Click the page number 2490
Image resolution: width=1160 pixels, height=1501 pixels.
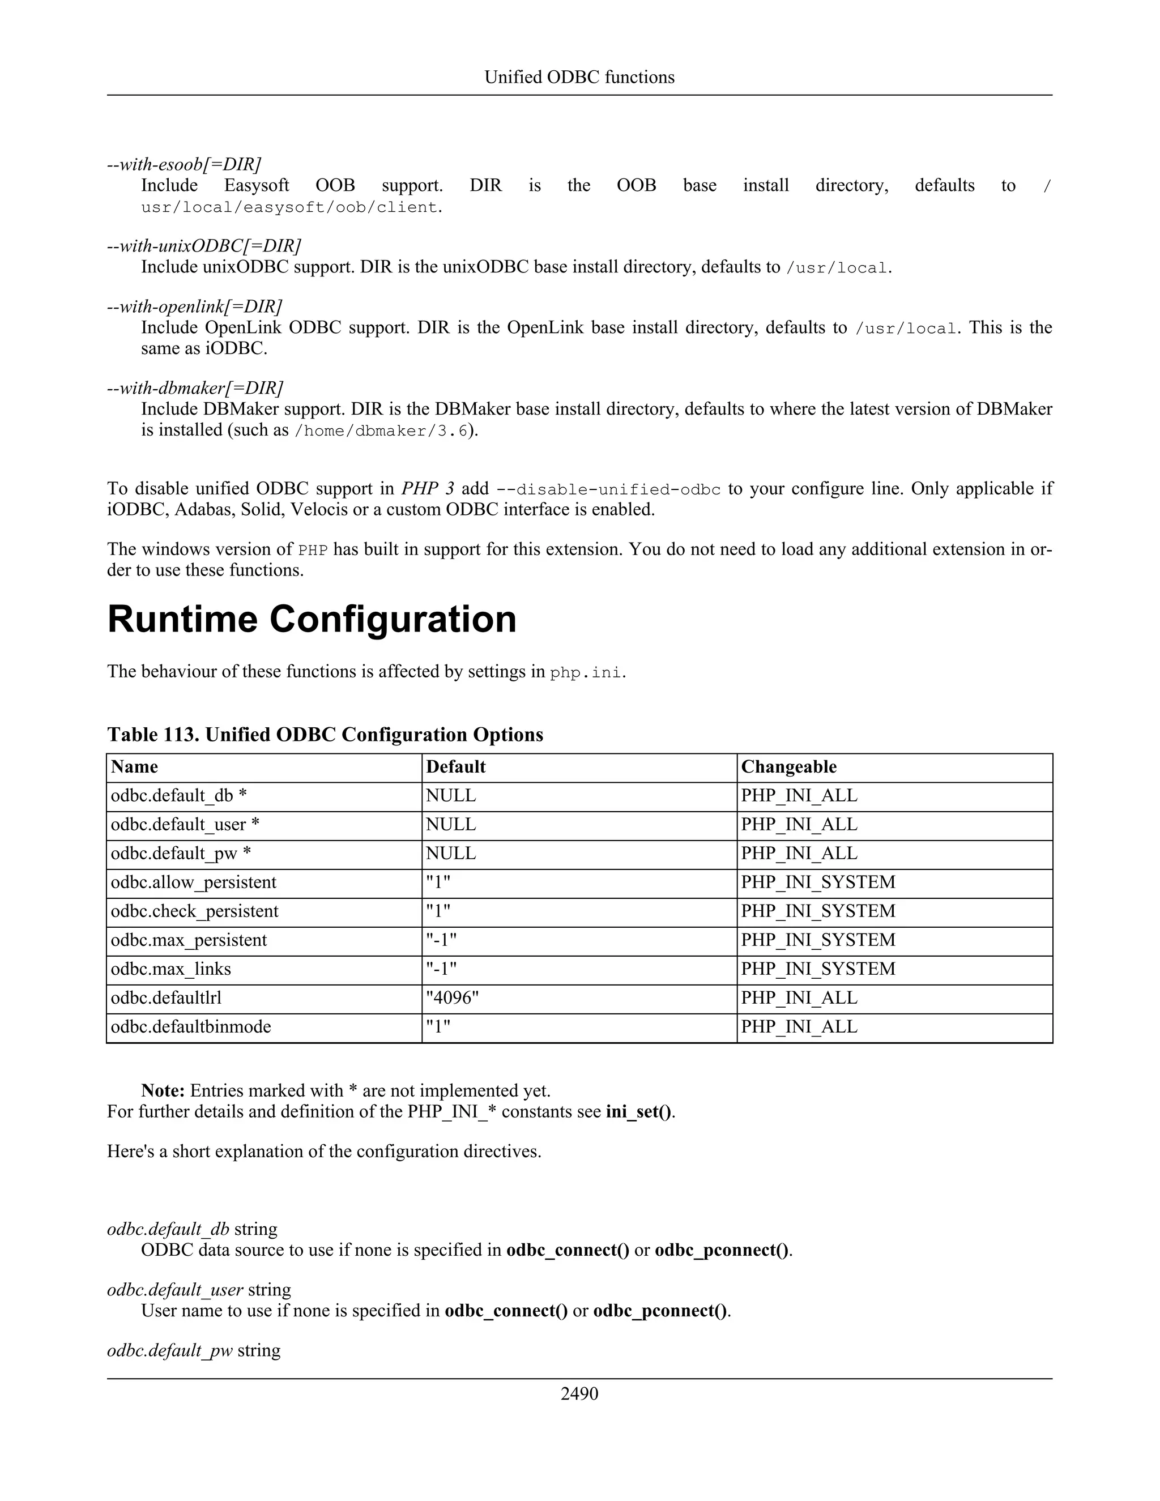point(579,1393)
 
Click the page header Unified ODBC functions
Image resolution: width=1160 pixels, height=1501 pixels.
point(579,77)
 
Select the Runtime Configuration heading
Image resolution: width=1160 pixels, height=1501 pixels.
point(312,619)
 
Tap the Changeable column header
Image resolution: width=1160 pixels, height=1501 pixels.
point(788,767)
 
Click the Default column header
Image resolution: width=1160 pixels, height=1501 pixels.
point(455,767)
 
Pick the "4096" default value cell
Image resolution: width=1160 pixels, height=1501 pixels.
point(451,998)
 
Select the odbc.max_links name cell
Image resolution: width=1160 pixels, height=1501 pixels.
point(171,969)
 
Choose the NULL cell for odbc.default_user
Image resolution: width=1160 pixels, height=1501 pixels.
point(450,825)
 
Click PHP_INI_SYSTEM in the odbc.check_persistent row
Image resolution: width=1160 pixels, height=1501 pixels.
point(818,911)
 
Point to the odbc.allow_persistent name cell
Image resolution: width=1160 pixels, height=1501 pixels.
point(193,882)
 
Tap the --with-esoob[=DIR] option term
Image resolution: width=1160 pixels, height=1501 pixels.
point(184,165)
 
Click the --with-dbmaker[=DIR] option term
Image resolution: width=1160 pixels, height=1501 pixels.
point(195,389)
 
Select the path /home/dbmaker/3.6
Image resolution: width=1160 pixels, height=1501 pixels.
point(381,432)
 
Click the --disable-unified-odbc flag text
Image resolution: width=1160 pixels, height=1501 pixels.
point(608,490)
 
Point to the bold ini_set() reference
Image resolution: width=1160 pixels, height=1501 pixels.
point(638,1112)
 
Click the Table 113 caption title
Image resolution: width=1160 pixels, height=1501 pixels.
point(325,735)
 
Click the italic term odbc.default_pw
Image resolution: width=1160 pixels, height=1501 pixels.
point(170,1350)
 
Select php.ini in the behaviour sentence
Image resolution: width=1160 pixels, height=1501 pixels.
point(586,672)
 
